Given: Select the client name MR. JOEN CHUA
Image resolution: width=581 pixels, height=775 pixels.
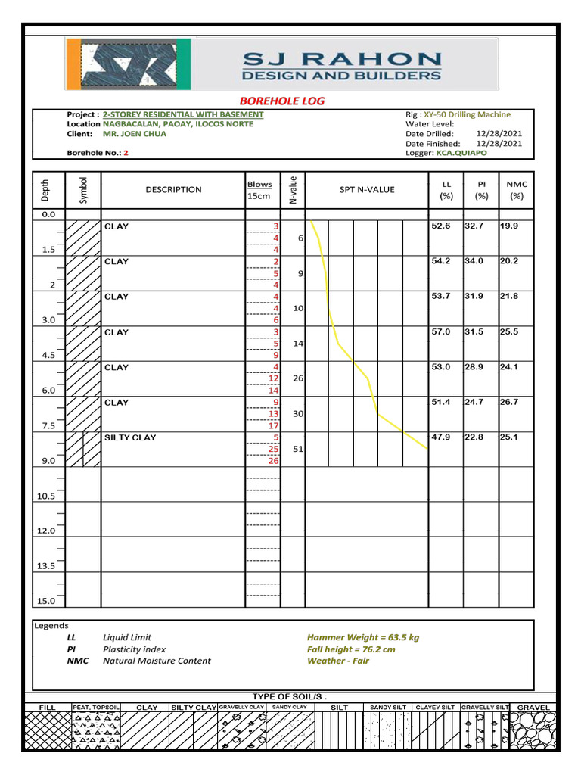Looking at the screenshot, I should tap(135, 134).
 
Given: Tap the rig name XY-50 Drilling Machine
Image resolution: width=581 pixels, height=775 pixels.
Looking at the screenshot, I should tap(467, 114).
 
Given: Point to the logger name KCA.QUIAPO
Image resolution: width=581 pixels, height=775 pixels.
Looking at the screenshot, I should tap(461, 153).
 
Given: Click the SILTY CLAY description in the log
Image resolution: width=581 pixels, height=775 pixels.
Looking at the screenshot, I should tap(130, 437).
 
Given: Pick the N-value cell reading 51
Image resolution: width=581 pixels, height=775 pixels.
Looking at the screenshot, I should tap(298, 450).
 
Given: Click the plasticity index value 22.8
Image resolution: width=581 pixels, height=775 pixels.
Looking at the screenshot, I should tap(474, 437).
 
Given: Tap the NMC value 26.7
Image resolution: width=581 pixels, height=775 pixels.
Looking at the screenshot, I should tap(510, 402).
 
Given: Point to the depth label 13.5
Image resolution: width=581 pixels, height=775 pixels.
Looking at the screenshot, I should tap(46, 566).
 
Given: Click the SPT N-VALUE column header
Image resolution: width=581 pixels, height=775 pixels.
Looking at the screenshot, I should tap(367, 189).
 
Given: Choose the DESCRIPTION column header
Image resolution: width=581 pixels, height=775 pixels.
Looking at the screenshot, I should tap(174, 189).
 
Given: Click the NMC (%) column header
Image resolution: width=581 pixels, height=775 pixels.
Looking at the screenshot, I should tap(517, 189).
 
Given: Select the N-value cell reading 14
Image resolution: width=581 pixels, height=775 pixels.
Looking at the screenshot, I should tap(298, 344).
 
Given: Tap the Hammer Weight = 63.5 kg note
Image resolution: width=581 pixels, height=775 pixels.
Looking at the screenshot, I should tap(362, 637).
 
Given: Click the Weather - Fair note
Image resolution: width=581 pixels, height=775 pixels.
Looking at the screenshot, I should tap(338, 661).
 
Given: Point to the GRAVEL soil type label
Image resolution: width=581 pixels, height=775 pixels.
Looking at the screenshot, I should tap(533, 708).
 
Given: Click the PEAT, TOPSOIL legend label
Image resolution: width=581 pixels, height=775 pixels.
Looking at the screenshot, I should tap(96, 708).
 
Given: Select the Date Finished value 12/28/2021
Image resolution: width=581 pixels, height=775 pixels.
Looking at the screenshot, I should tap(499, 143).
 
